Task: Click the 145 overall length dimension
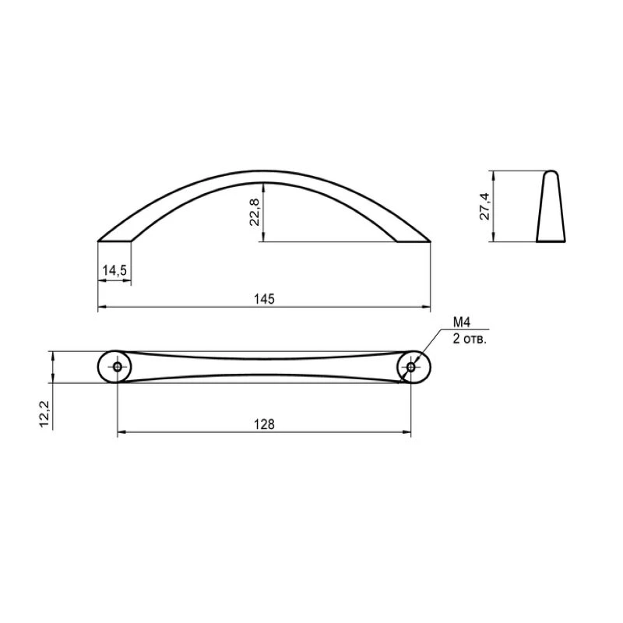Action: point(264,299)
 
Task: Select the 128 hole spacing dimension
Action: point(264,424)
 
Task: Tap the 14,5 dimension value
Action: point(114,270)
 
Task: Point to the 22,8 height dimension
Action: point(255,212)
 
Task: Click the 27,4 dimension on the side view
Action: point(484,206)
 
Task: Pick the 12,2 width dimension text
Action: point(44,414)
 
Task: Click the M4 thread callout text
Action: point(462,322)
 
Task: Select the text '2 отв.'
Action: point(470,340)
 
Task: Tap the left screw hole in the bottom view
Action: point(118,367)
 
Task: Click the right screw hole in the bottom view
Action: point(411,367)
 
